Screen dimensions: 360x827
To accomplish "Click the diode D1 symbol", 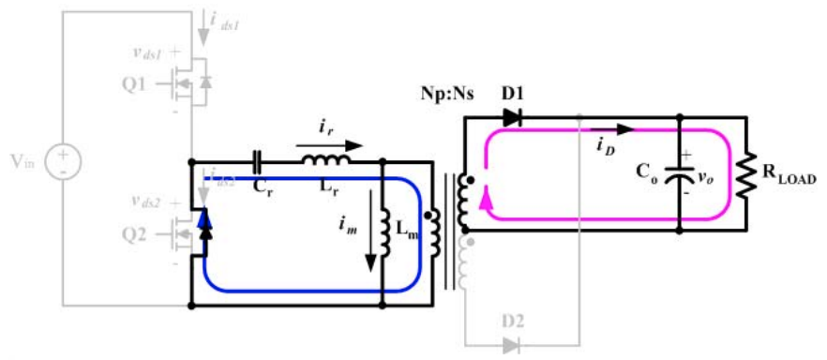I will pyautogui.click(x=511, y=118).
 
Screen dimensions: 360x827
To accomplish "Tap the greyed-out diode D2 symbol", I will pyautogui.click(x=511, y=345).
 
